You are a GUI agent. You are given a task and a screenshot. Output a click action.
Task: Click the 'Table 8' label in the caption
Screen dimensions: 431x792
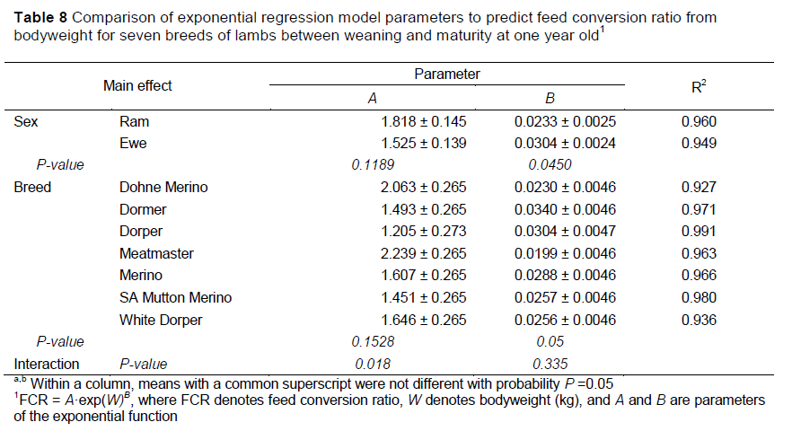pyautogui.click(x=40, y=18)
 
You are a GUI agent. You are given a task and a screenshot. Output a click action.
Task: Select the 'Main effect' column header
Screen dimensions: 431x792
pyautogui.click(x=137, y=86)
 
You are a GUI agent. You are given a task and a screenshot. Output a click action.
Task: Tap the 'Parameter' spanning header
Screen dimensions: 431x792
pyautogui.click(x=446, y=74)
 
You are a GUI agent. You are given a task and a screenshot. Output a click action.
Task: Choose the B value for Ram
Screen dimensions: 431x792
pyautogui.click(x=565, y=121)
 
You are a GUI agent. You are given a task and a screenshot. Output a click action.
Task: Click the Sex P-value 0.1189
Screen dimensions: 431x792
pyautogui.click(x=372, y=164)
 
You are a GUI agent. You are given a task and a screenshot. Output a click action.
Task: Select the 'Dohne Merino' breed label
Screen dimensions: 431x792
pyautogui.click(x=163, y=188)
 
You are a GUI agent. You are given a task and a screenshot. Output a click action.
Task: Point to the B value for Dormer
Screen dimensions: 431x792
pyautogui.click(x=565, y=210)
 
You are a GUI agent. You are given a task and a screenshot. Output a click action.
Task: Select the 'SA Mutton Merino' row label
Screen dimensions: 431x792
pyautogui.click(x=174, y=298)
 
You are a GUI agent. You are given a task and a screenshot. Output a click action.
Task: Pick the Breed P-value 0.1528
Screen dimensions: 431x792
pyautogui.click(x=372, y=342)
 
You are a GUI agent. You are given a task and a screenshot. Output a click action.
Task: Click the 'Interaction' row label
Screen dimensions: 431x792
pyautogui.click(x=46, y=364)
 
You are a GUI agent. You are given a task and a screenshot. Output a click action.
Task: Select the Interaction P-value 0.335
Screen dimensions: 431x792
pyautogui.click(x=551, y=364)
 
